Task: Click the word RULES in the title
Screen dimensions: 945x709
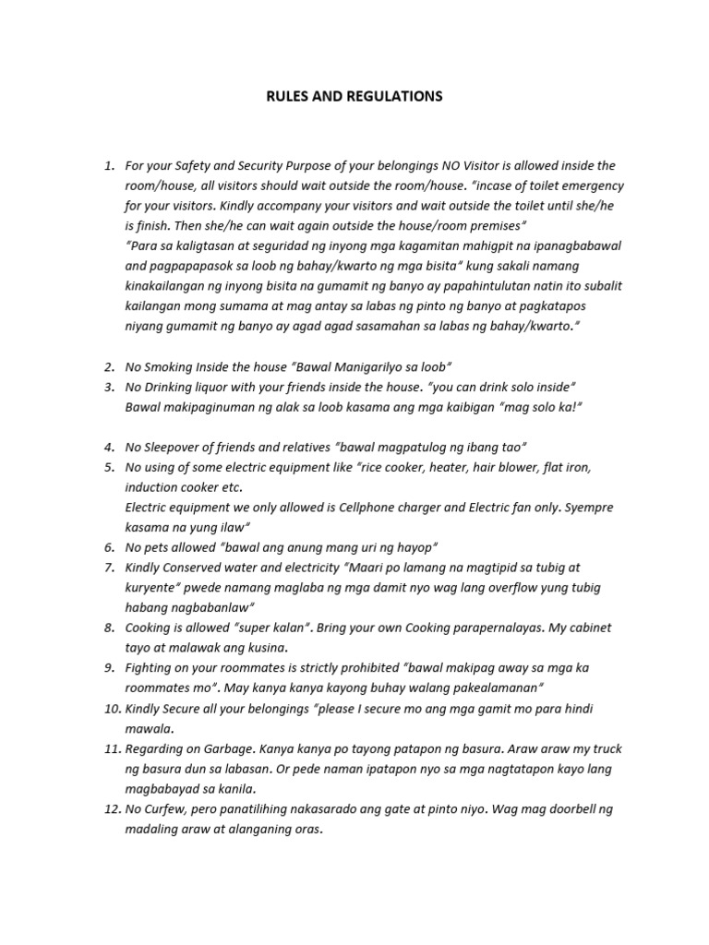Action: tap(285, 96)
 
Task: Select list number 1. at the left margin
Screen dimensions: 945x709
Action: tap(109, 166)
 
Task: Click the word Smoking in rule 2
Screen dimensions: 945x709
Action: tap(169, 367)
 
